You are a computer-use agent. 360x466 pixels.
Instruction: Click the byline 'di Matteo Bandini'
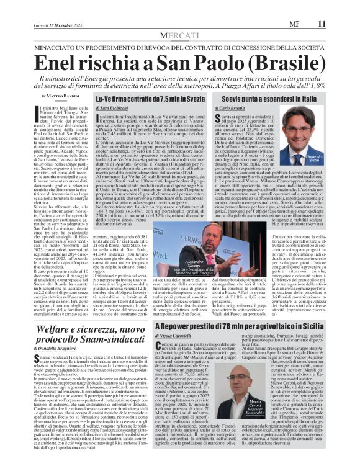point(60,96)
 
